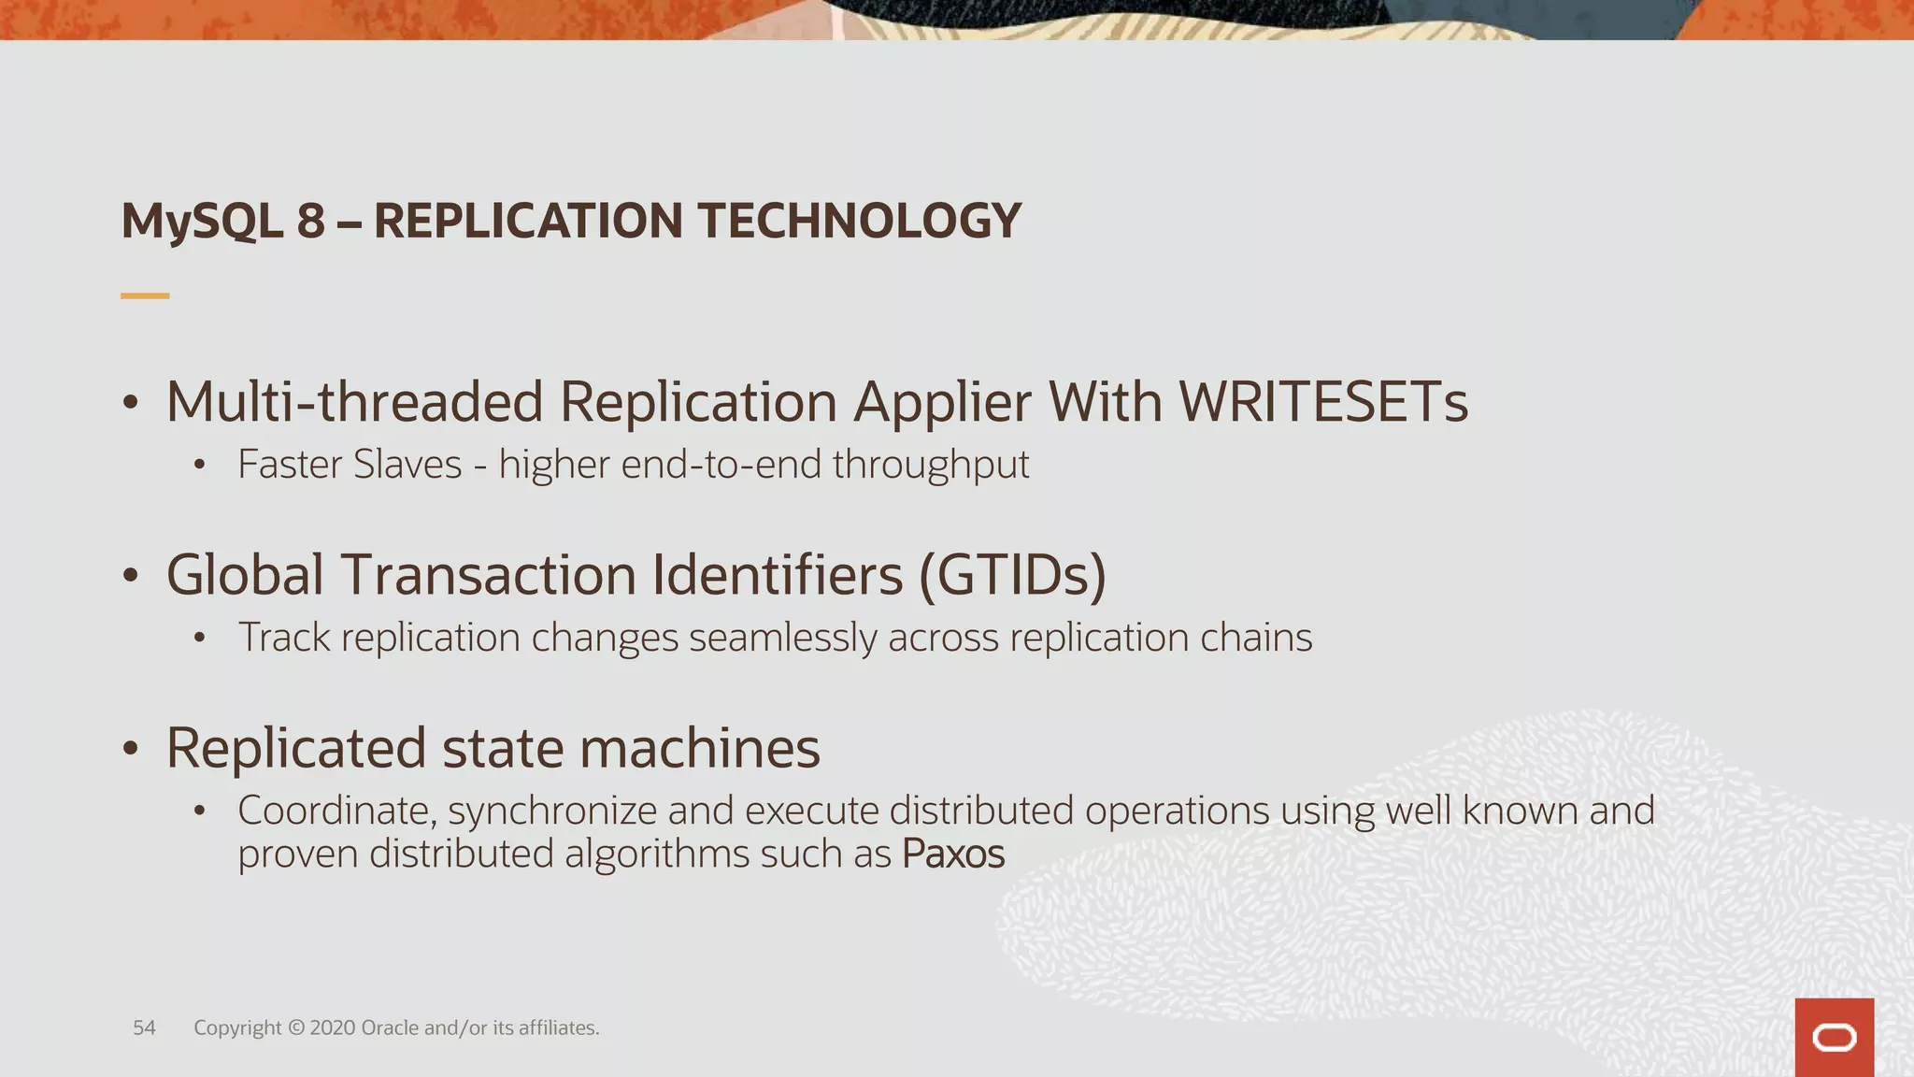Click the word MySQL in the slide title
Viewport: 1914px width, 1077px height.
click(x=202, y=223)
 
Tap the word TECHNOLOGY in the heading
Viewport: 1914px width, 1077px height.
click(x=859, y=222)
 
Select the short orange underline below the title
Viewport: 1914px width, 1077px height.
click(x=145, y=295)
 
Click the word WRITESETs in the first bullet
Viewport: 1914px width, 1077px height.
click(x=1322, y=402)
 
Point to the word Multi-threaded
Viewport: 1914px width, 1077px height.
click(x=354, y=402)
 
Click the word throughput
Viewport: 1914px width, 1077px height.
click(x=931, y=466)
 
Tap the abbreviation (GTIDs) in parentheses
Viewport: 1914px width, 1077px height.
click(x=1012, y=574)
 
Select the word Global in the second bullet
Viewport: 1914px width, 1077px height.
click(x=245, y=574)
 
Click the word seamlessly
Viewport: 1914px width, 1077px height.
click(x=782, y=639)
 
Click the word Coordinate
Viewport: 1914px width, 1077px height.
click(x=336, y=811)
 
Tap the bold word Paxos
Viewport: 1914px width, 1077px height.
click(x=952, y=854)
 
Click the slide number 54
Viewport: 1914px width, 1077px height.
click(x=144, y=1027)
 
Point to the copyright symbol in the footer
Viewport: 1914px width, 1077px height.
click(x=295, y=1027)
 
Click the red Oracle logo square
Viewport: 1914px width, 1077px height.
click(x=1834, y=1037)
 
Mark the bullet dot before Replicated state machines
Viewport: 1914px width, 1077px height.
click(x=131, y=748)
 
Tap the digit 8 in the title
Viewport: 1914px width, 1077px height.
click(x=310, y=222)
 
